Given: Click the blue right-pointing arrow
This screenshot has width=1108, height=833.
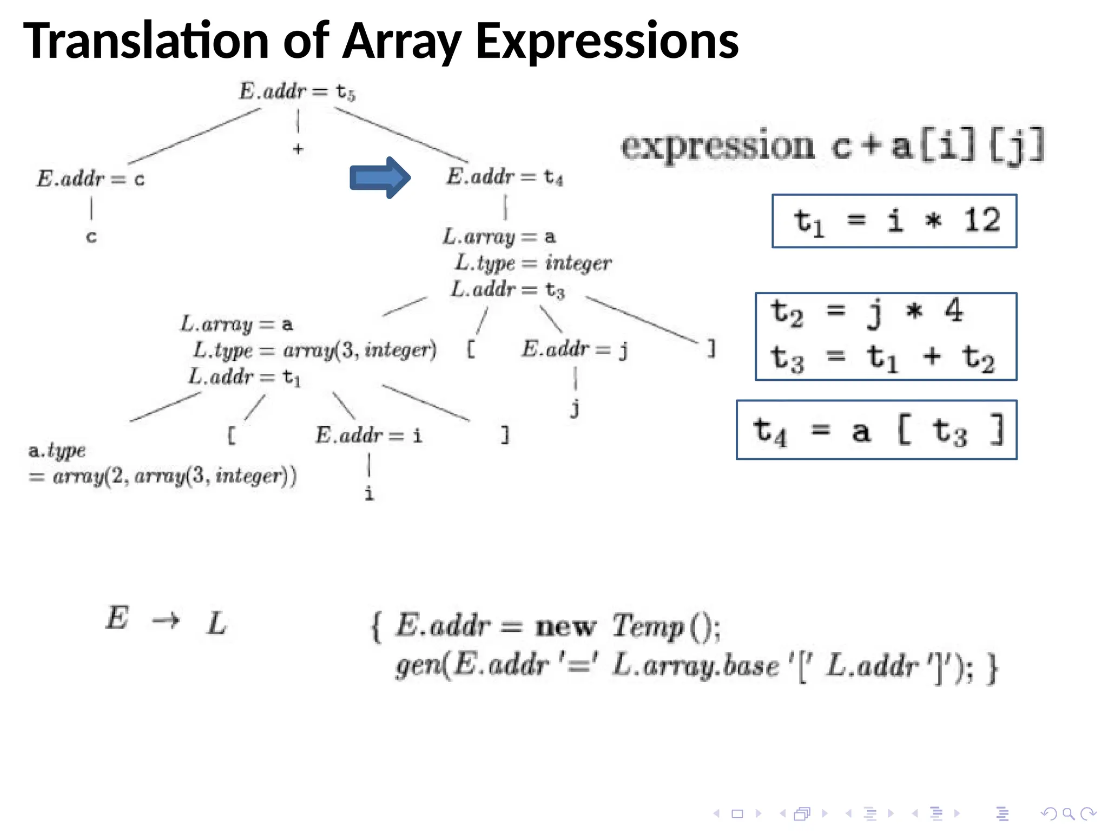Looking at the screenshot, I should pos(380,177).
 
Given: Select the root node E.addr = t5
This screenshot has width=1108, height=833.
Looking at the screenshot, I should pos(297,91).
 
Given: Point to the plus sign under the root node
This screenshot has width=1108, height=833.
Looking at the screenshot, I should pos(298,149).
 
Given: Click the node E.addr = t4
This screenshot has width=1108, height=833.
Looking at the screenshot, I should pos(504,177).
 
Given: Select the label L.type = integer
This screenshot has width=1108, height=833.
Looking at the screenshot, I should pos(533,263).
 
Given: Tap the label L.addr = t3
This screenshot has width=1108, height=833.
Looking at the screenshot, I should pos(508,290).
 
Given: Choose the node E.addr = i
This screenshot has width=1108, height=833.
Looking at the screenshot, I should pos(368,435).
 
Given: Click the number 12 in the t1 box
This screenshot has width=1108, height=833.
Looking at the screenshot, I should pos(981,221).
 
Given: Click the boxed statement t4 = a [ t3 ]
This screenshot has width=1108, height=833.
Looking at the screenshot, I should pos(877,431).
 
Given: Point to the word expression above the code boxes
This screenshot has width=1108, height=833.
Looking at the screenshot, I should pos(717,146).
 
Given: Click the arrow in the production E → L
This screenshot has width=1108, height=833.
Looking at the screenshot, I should pos(166,620).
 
